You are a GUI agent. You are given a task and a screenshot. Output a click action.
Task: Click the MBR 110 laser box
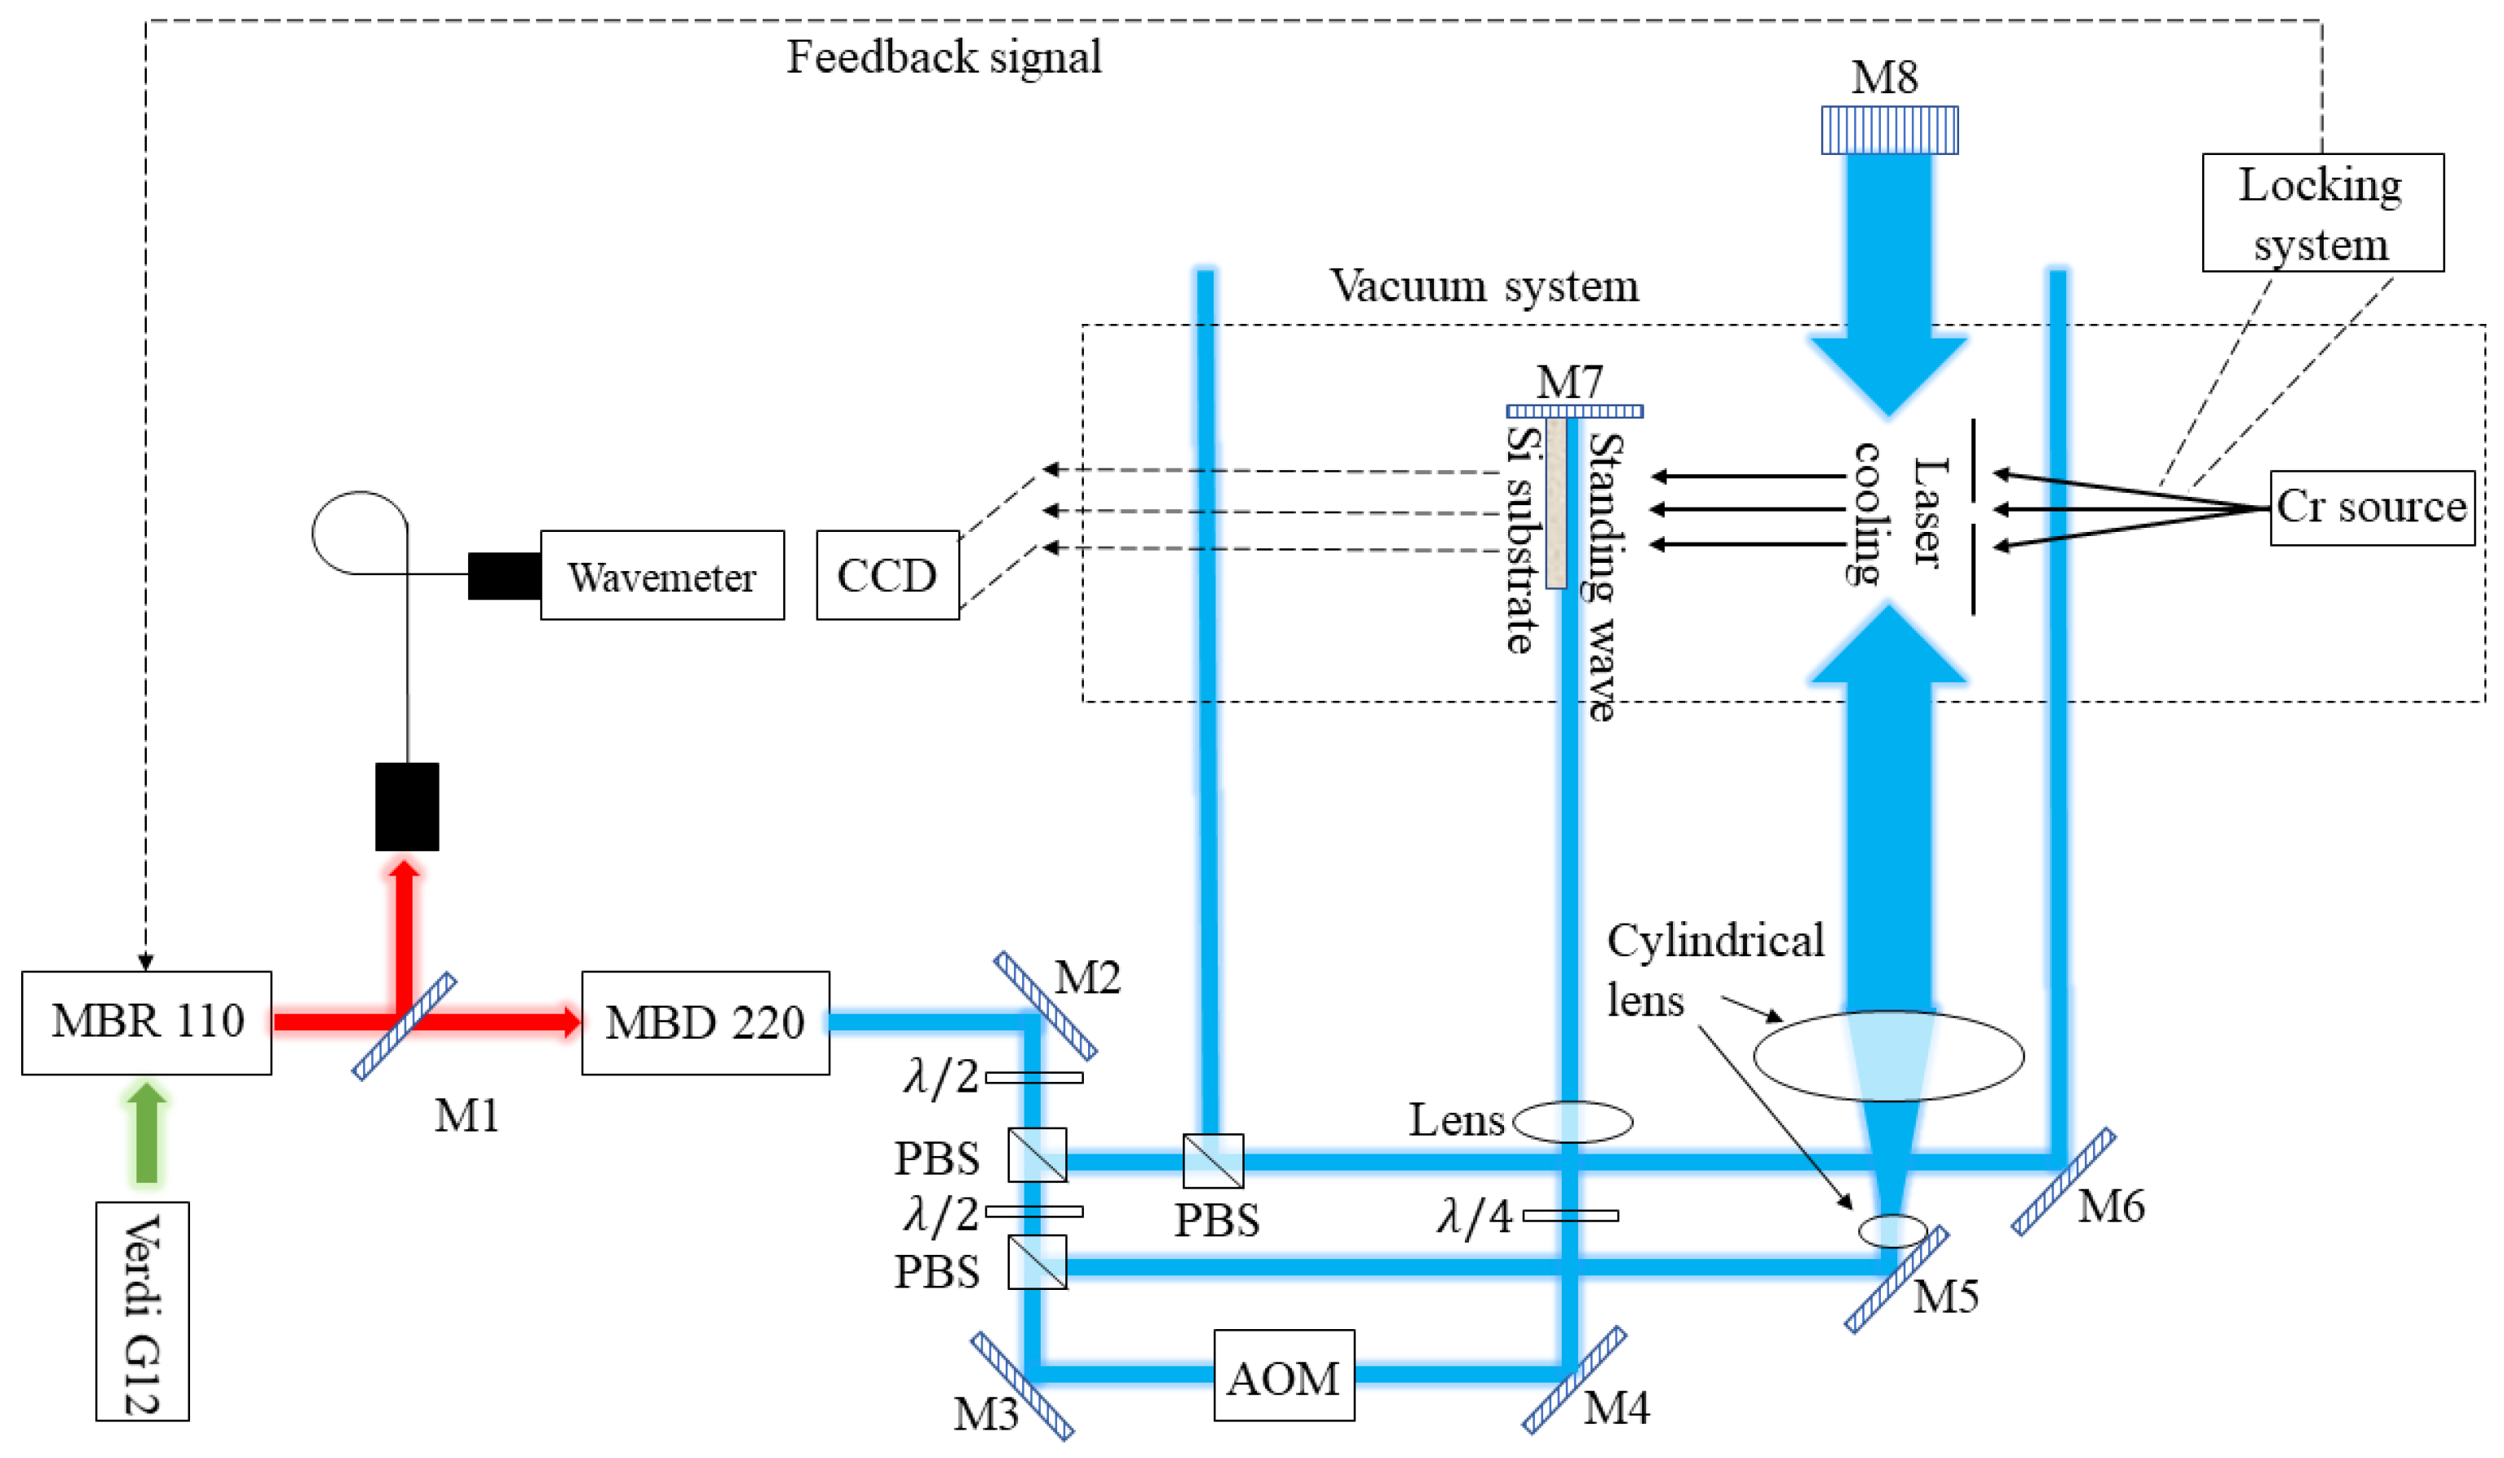click(x=146, y=1022)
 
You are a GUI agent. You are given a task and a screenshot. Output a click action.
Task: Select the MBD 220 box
click(x=705, y=1022)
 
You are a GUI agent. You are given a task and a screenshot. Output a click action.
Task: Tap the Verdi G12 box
click(x=142, y=1311)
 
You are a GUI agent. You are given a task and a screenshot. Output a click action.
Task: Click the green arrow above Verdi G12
click(x=146, y=1133)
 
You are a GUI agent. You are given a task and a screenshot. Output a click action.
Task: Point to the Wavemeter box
click(x=661, y=575)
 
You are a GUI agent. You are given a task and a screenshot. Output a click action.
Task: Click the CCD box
click(x=887, y=575)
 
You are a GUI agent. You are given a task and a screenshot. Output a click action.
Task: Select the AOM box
click(x=1283, y=1375)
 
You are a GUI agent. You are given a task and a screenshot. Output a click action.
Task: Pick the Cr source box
click(x=2371, y=507)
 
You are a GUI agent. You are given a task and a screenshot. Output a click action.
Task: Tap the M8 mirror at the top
click(x=1889, y=131)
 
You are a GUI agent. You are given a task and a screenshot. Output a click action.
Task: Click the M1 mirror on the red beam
click(x=405, y=1026)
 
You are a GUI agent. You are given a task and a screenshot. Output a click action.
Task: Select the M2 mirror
click(x=1046, y=1006)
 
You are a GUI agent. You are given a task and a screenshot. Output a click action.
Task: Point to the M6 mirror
click(x=2063, y=1181)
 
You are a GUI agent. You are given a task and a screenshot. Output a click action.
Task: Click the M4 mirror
click(x=1574, y=1379)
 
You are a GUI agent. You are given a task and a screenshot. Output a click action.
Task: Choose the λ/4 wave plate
click(x=1570, y=1216)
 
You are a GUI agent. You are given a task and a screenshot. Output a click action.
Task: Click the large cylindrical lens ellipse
click(x=1888, y=1056)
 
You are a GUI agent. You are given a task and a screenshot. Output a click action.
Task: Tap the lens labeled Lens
click(x=1572, y=1122)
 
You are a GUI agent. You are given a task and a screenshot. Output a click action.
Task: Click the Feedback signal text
click(x=944, y=56)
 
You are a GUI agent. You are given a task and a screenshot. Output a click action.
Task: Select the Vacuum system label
click(x=1484, y=286)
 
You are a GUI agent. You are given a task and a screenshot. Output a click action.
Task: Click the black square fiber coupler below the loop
click(x=406, y=806)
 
